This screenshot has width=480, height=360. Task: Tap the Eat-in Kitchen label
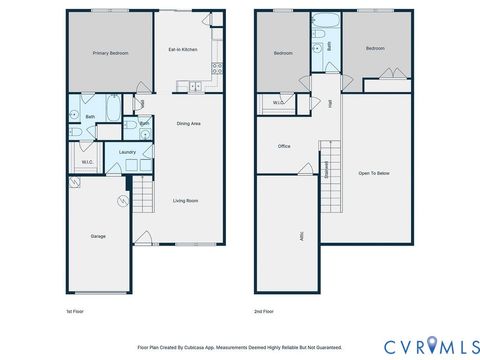click(x=182, y=50)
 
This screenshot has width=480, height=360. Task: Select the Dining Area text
click(x=189, y=123)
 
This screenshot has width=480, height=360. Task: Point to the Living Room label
click(x=186, y=201)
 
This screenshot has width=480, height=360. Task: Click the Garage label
click(x=98, y=236)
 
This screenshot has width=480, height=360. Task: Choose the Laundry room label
click(x=127, y=152)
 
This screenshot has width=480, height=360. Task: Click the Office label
click(x=284, y=146)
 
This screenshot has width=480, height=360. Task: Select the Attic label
click(x=301, y=236)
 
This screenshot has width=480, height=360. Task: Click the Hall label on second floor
click(x=329, y=103)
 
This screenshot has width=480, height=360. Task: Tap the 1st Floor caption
click(x=75, y=312)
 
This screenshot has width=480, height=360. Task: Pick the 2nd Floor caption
click(x=264, y=312)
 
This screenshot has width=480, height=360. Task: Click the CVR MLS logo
click(x=425, y=345)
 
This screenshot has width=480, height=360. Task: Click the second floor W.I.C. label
click(x=278, y=102)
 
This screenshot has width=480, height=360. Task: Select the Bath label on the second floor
click(x=329, y=46)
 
